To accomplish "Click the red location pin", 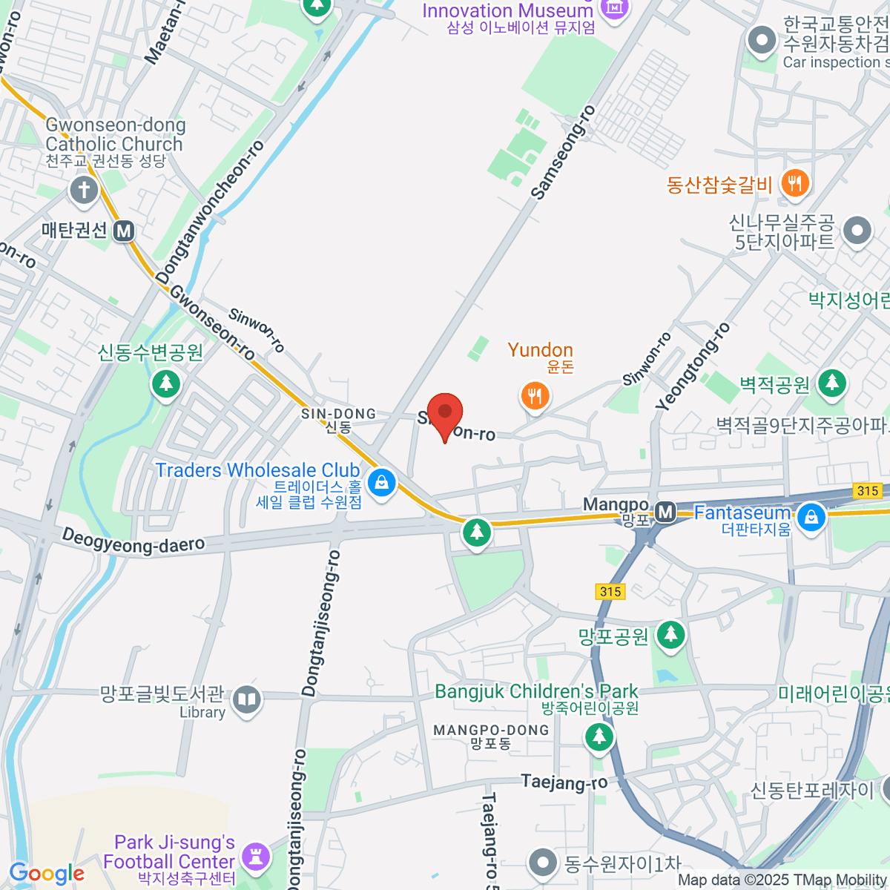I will click(445, 414).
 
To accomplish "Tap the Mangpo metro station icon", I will click(665, 511).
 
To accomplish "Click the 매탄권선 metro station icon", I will click(124, 231).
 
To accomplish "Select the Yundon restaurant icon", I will click(535, 396).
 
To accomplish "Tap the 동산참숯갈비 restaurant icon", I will click(795, 183).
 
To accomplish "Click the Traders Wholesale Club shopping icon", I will click(382, 484).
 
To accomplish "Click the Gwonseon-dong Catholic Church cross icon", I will click(84, 190).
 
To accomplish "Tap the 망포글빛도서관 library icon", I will click(246, 699).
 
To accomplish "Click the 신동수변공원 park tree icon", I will click(166, 383).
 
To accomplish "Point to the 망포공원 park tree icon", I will click(671, 635).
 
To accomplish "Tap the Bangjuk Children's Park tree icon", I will click(599, 736).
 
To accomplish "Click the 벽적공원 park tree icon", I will click(832, 383).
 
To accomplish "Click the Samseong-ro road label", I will click(564, 153).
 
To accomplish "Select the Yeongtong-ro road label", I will click(693, 366).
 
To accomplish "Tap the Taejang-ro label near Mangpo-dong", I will click(564, 782).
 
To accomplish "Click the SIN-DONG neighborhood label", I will click(338, 414).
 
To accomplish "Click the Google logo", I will click(47, 874).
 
